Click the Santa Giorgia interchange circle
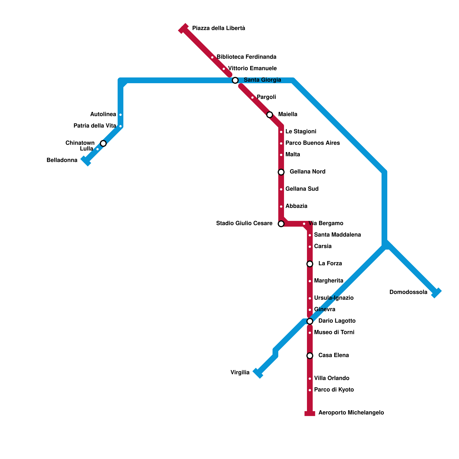[235, 80]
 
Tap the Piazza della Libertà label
[218, 28]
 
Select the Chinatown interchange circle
[103, 143]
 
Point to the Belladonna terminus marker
[86, 161]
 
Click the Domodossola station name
[408, 292]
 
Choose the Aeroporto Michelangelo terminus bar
[310, 413]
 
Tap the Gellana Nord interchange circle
[281, 172]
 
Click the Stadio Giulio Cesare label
[244, 223]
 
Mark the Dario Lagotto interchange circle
[310, 321]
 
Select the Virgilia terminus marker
[258, 373]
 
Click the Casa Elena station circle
[310, 356]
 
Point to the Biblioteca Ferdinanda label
[246, 57]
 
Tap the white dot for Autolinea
[120, 115]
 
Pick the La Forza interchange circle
[310, 264]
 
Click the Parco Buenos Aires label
[312, 143]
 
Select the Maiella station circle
[270, 115]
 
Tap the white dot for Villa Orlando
[310, 379]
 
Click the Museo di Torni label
[334, 332]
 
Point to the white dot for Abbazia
[281, 207]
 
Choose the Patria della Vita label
[95, 126]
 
